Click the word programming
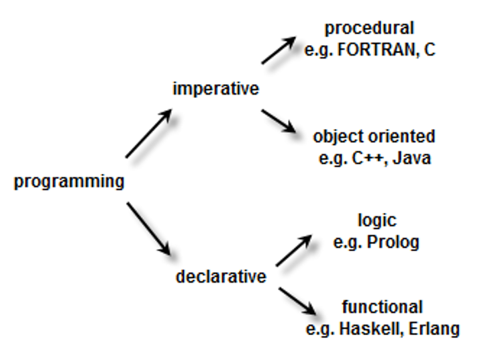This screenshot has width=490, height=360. pyautogui.click(x=69, y=182)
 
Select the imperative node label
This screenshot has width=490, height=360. pyautogui.click(x=216, y=89)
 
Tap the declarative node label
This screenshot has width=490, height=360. pyautogui.click(x=221, y=277)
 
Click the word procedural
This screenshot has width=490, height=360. pyautogui.click(x=369, y=29)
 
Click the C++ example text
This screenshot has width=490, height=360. pyautogui.click(x=368, y=158)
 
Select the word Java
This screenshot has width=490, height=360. pyautogui.click(x=411, y=158)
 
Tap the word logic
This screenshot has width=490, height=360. pyautogui.click(x=377, y=221)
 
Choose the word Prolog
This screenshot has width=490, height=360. pyautogui.click(x=393, y=242)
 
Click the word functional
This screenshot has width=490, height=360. pyautogui.click(x=382, y=307)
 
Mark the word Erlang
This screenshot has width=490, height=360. pyautogui.click(x=434, y=329)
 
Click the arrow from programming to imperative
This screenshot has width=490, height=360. pyautogui.click(x=149, y=133)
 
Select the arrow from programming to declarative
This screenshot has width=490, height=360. pyautogui.click(x=148, y=229)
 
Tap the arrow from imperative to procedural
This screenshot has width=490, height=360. pyautogui.click(x=279, y=50)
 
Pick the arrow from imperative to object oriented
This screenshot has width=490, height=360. pyautogui.click(x=279, y=121)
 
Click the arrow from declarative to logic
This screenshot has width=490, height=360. pyautogui.click(x=294, y=251)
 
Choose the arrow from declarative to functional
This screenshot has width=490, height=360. pyautogui.click(x=297, y=301)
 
